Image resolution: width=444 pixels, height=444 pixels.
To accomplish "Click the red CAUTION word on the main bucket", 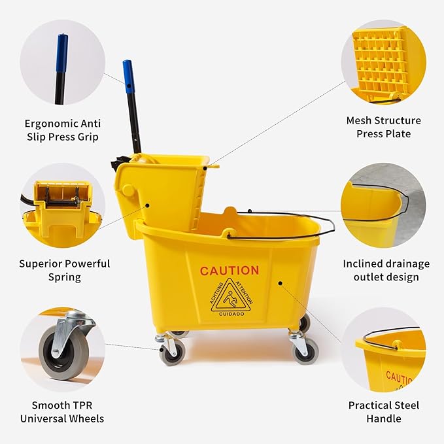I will click(229, 271).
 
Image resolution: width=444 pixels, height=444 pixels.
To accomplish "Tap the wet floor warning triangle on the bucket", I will click(231, 298).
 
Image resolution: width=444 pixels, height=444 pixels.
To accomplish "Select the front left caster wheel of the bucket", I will click(173, 352).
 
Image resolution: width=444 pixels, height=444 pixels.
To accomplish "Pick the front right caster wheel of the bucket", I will click(305, 351).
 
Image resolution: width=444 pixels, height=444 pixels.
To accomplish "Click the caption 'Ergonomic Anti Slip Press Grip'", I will click(61, 129).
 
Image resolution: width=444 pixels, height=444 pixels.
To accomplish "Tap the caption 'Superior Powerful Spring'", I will click(64, 270).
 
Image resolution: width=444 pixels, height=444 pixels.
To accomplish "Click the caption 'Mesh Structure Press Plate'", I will click(383, 127).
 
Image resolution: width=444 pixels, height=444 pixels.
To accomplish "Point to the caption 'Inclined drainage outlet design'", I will click(386, 270).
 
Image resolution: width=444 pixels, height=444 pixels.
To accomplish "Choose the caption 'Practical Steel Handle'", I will click(383, 411).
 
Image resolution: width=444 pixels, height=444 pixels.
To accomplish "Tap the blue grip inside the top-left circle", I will click(61, 52).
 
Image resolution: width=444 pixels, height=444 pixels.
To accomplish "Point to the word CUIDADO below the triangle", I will click(231, 314).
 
